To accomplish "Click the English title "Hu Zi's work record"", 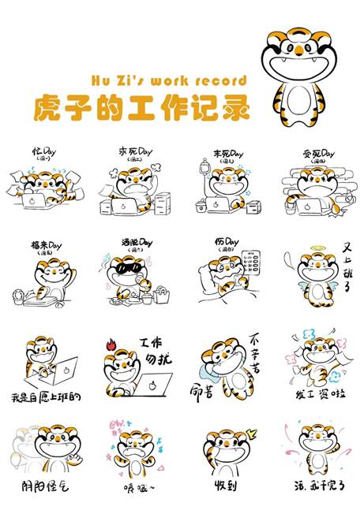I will [x=169, y=80].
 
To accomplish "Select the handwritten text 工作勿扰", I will [x=155, y=354].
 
